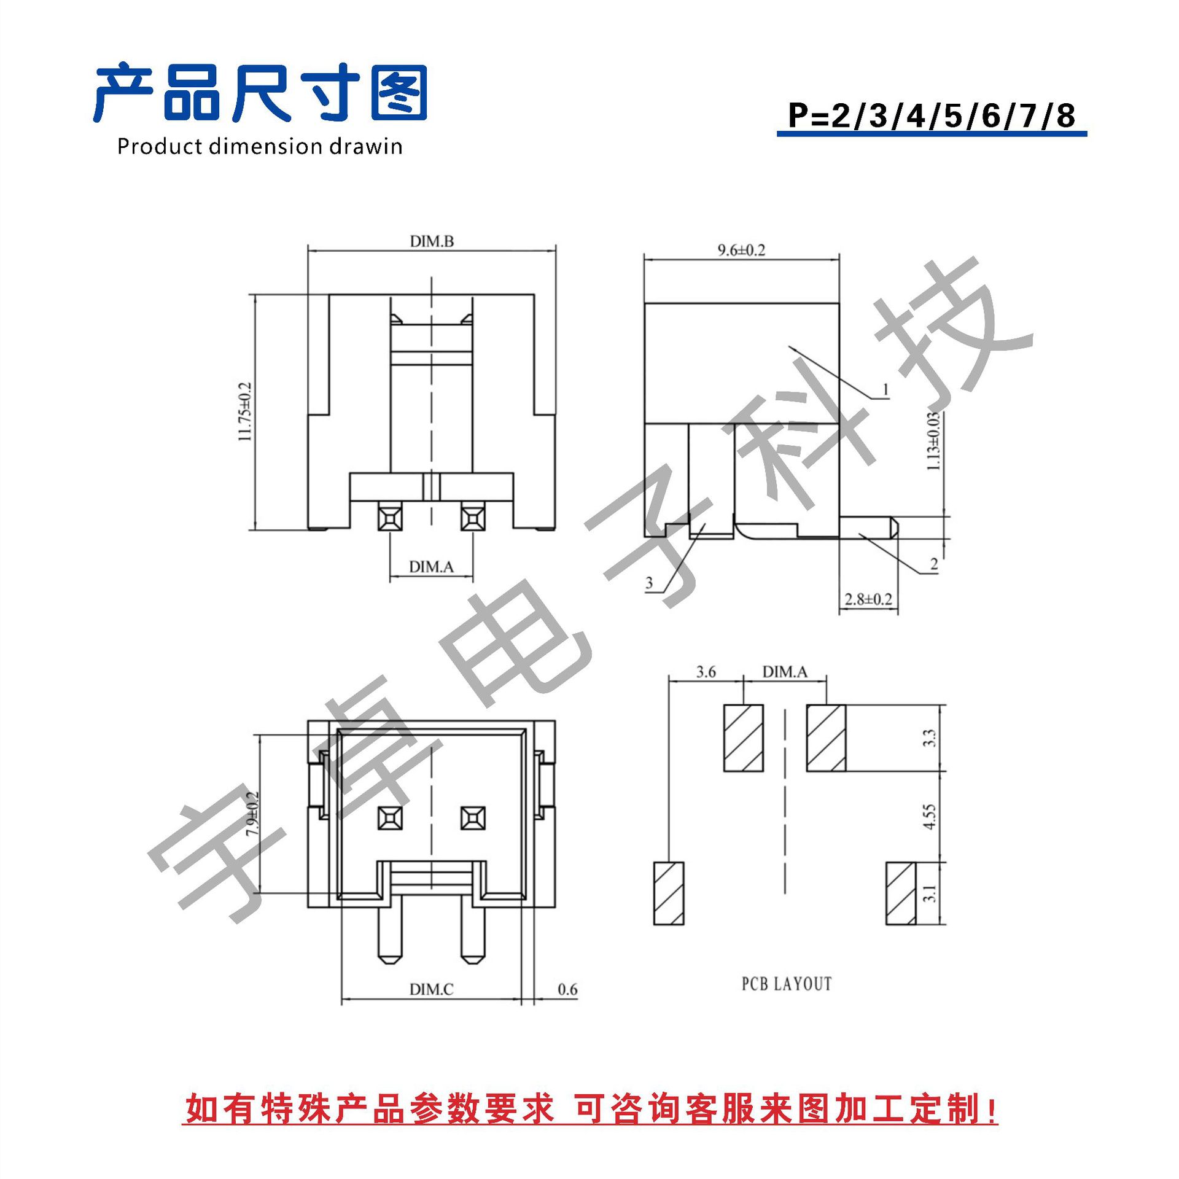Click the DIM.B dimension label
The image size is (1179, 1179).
point(432,241)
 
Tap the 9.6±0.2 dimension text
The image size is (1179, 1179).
point(741,250)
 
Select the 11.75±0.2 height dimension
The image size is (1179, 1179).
point(245,411)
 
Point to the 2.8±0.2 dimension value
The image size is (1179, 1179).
point(868,599)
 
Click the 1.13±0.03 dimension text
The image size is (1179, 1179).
point(933,441)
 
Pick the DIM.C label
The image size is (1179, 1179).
point(431,989)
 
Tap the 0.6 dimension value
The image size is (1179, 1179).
point(567,989)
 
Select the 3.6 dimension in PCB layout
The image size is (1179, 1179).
point(706,672)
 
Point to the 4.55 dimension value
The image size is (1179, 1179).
point(929,817)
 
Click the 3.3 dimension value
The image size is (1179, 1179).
point(929,737)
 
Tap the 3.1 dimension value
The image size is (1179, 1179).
point(929,893)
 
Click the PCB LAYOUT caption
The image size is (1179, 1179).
point(786,984)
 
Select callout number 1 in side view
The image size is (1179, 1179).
point(885,389)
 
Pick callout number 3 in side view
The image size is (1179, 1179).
point(649,582)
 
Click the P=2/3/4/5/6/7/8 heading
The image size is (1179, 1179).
point(931,115)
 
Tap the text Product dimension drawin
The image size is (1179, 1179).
point(259,147)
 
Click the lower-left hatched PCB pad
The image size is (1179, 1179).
point(669,893)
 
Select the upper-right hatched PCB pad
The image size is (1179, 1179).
point(826,737)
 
